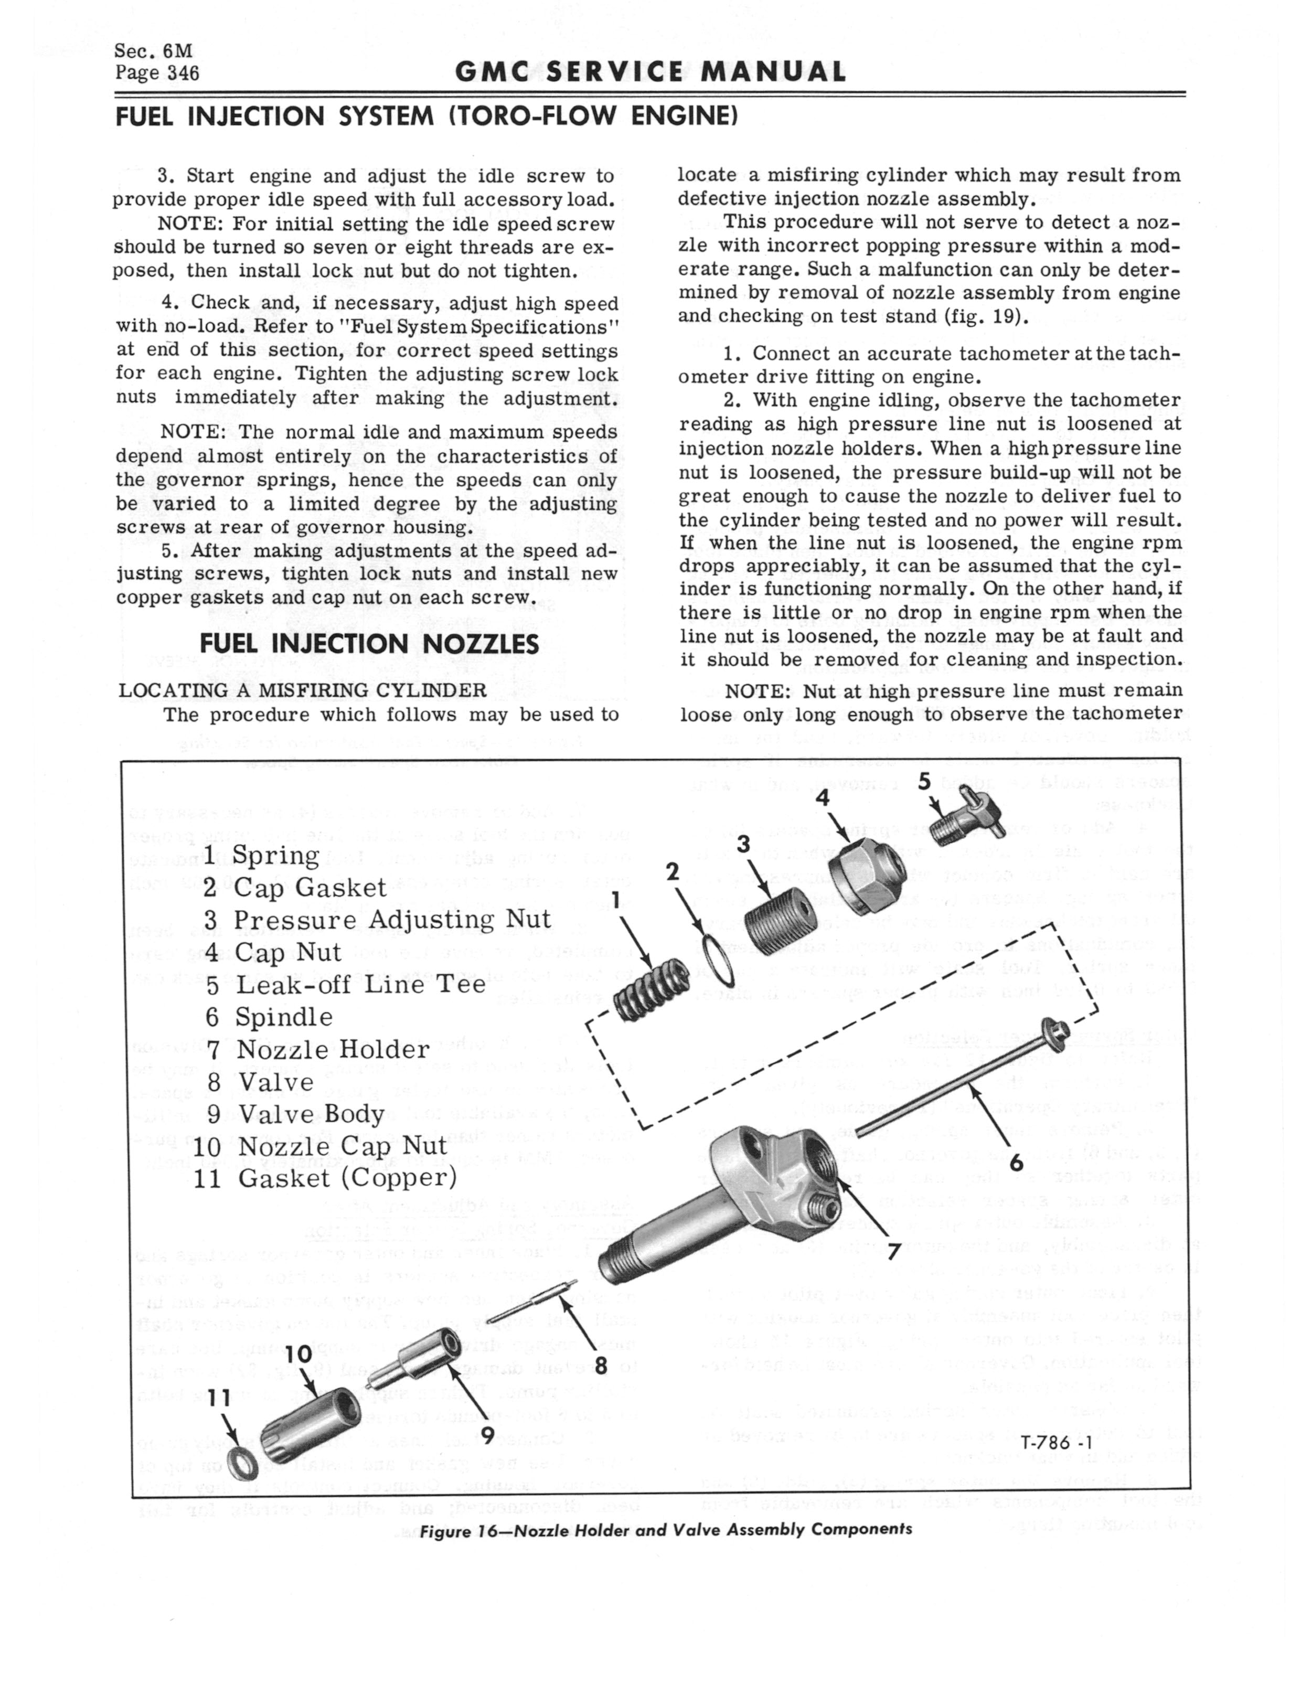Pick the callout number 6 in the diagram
[x=1017, y=1163]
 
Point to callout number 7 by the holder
[x=894, y=1251]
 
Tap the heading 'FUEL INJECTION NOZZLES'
[x=369, y=643]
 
